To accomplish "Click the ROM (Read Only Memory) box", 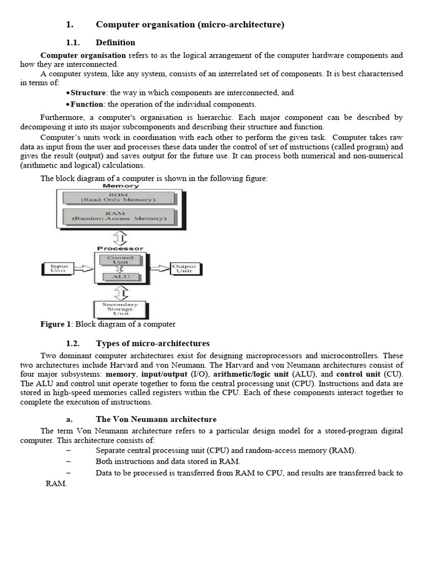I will [x=120, y=197].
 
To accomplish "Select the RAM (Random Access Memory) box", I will [x=120, y=216].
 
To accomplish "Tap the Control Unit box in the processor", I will [x=120, y=260].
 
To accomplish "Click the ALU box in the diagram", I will [x=120, y=276].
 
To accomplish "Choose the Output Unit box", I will [x=184, y=268].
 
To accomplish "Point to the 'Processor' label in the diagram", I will [x=120, y=248].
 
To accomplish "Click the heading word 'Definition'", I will [x=115, y=43].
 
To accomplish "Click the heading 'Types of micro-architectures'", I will [x=153, y=344].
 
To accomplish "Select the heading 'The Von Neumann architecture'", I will [x=156, y=420].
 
